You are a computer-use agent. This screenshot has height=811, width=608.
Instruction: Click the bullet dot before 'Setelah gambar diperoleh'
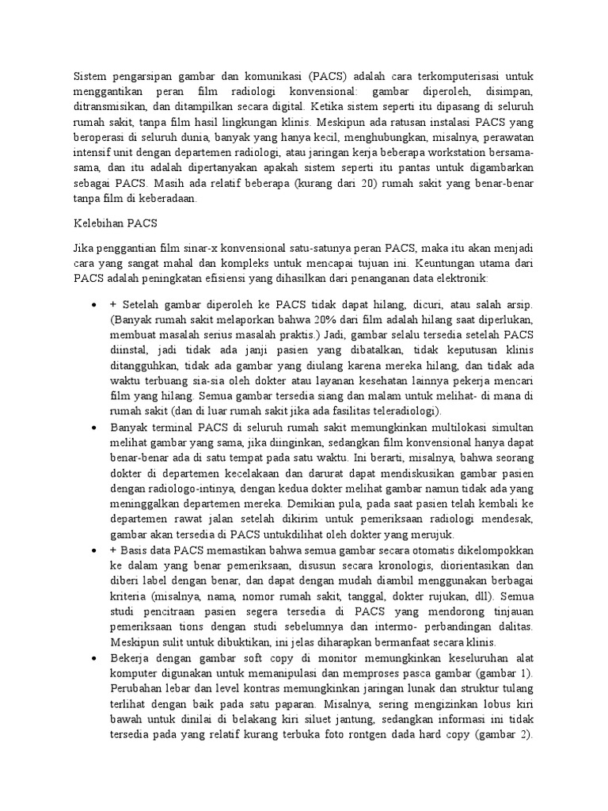click(94, 305)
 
